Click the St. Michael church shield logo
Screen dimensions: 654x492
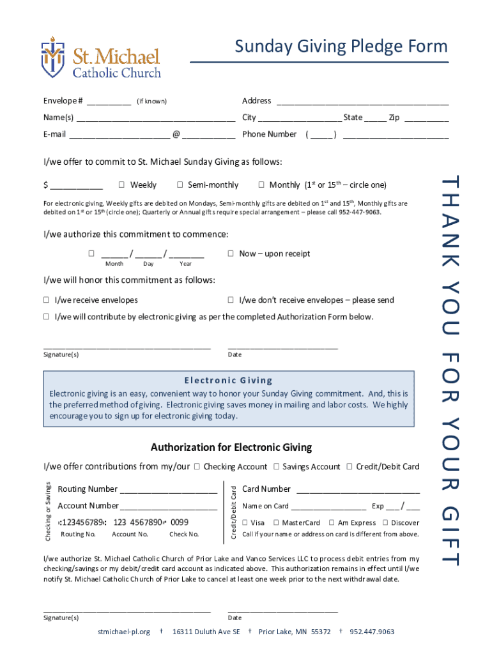[53, 56]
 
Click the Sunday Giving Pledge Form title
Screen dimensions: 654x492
[341, 47]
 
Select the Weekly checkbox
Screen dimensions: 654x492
[121, 185]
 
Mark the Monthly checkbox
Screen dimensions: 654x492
[261, 185]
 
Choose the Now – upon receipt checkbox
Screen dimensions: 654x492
[231, 254]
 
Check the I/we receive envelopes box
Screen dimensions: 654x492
[47, 300]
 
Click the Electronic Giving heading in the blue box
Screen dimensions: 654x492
[229, 380]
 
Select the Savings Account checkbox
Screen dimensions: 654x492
[276, 467]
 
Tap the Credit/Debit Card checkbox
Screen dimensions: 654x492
[350, 467]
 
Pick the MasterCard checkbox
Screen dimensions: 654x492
[276, 522]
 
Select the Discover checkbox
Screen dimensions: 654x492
[385, 522]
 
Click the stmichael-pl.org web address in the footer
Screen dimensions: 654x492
[124, 632]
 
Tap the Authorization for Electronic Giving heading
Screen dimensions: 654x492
[231, 448]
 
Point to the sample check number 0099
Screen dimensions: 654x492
[180, 522]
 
